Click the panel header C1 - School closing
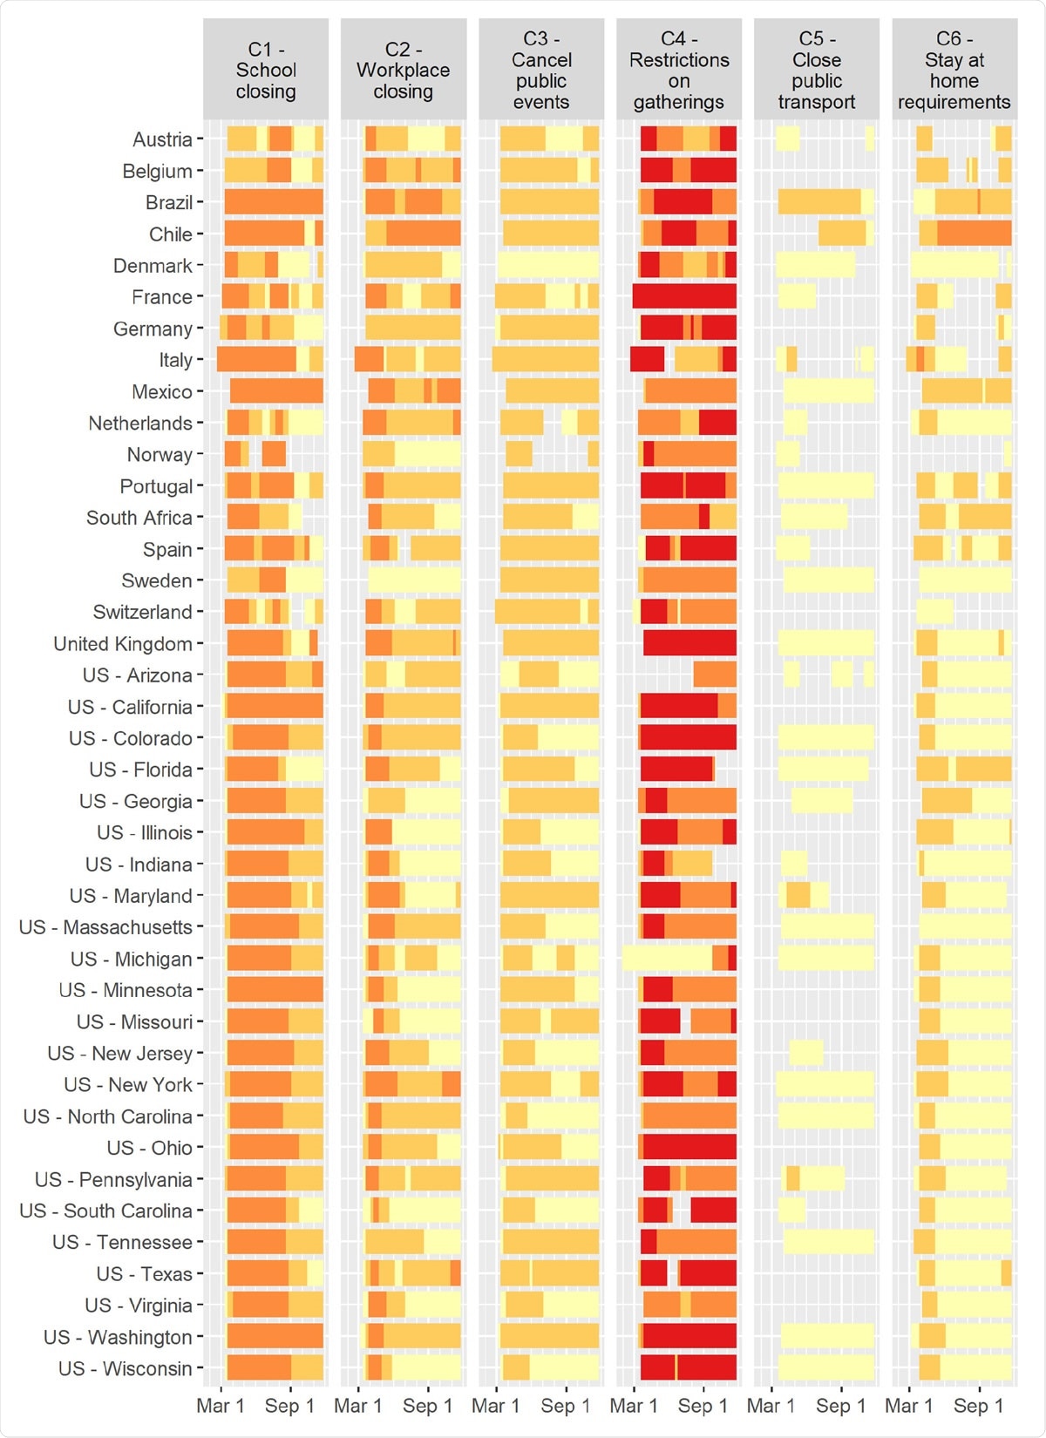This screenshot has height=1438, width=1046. coord(266,70)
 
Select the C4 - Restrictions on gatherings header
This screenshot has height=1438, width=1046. coord(679,70)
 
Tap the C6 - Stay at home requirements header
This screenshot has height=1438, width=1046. coord(954,70)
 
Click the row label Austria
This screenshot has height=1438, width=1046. coord(162,139)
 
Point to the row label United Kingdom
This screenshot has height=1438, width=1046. coord(123,644)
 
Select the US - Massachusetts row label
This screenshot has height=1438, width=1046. coord(105,927)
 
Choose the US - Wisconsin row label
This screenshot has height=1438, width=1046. coord(125,1368)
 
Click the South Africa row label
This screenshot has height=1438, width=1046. coord(139,518)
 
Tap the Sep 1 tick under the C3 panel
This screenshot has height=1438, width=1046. coord(565,1406)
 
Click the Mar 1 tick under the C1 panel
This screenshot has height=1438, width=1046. coord(221,1406)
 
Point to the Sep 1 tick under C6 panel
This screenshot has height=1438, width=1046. coord(978,1406)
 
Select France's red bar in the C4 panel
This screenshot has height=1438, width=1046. coord(684,296)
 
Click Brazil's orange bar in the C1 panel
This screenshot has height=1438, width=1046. coord(274,202)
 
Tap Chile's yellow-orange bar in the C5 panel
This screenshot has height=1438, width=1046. coord(842,234)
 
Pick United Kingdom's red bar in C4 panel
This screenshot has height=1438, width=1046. coord(689,643)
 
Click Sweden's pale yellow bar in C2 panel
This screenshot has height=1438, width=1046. coord(414,580)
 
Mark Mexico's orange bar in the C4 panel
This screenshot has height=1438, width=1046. coord(690,391)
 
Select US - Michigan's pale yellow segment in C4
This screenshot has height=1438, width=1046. coord(667,959)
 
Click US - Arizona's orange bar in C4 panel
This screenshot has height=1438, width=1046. coord(715,675)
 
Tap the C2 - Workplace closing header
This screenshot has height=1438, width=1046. coord(404,70)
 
